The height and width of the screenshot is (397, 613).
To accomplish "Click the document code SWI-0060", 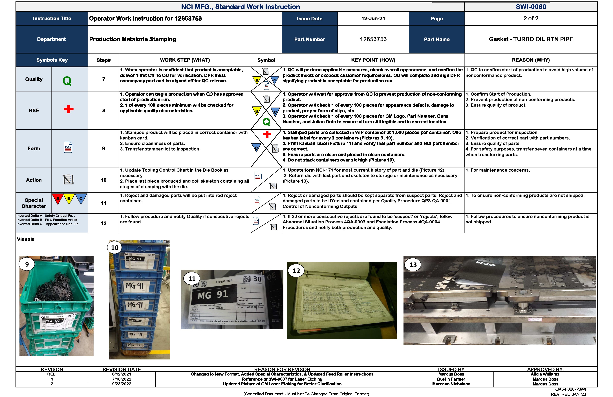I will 531,7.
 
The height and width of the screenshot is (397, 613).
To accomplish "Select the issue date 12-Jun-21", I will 373,19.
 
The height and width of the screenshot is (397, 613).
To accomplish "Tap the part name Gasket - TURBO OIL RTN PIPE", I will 531,39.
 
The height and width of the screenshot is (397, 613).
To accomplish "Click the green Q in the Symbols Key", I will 67,81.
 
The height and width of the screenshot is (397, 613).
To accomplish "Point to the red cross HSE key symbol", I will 69,109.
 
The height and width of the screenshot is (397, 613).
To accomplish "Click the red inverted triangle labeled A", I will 58,199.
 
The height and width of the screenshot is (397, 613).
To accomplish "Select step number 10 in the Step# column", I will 103,180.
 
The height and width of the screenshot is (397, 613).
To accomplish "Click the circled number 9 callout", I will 27,264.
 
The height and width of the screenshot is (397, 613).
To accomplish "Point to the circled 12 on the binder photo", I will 296,271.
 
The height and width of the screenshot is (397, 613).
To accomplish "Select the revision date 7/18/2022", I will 122,379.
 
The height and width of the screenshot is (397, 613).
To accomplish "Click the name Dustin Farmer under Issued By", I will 451,379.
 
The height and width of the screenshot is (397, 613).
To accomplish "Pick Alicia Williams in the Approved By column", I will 545,374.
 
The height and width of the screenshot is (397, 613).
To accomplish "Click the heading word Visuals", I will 25,239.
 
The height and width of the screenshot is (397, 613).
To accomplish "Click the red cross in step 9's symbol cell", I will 267,134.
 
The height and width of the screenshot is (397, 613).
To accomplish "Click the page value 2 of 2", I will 531,19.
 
